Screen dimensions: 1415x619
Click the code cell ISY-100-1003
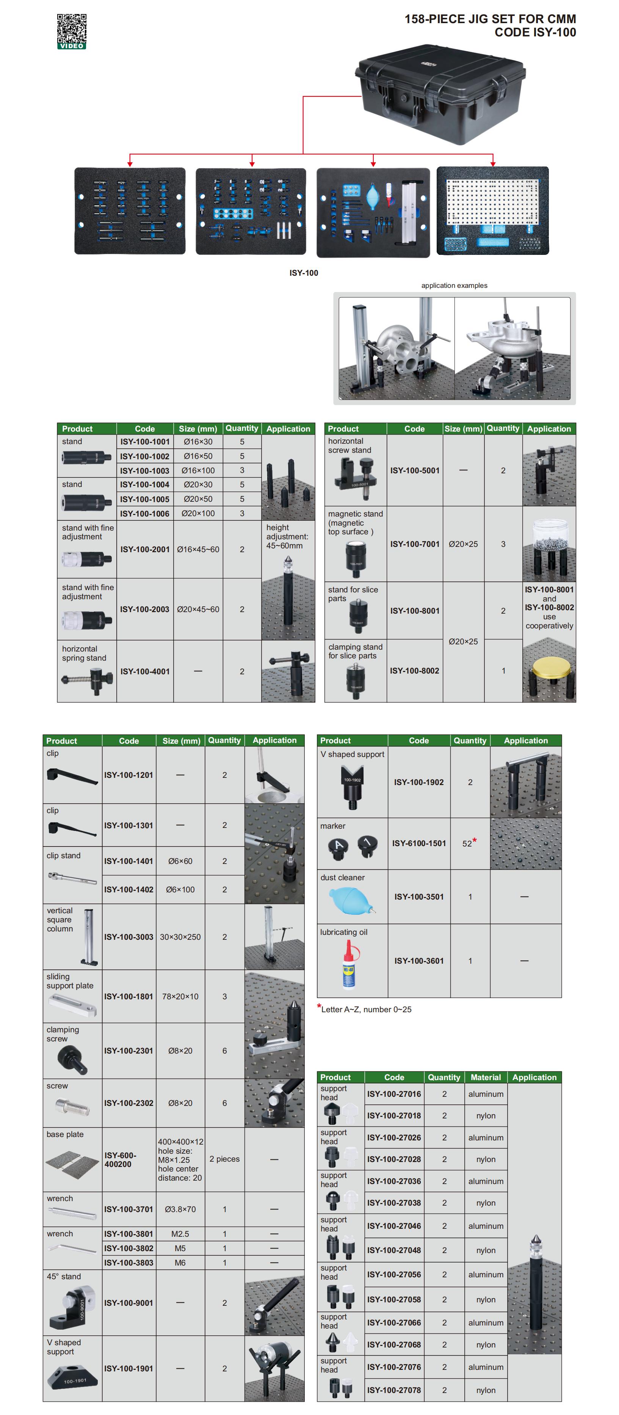tap(144, 470)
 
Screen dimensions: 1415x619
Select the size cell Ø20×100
tap(198, 513)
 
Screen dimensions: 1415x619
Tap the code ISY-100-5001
tap(415, 470)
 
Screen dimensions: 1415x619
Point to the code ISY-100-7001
tap(415, 544)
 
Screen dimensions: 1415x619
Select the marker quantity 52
tap(467, 843)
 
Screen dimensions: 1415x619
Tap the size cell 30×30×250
tap(180, 936)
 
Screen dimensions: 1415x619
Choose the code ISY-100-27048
tap(394, 1250)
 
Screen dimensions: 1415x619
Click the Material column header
tap(486, 1077)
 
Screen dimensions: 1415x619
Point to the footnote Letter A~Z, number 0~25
tap(366, 1009)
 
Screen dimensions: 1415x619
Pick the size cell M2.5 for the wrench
tap(180, 1234)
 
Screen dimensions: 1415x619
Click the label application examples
tap(454, 285)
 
